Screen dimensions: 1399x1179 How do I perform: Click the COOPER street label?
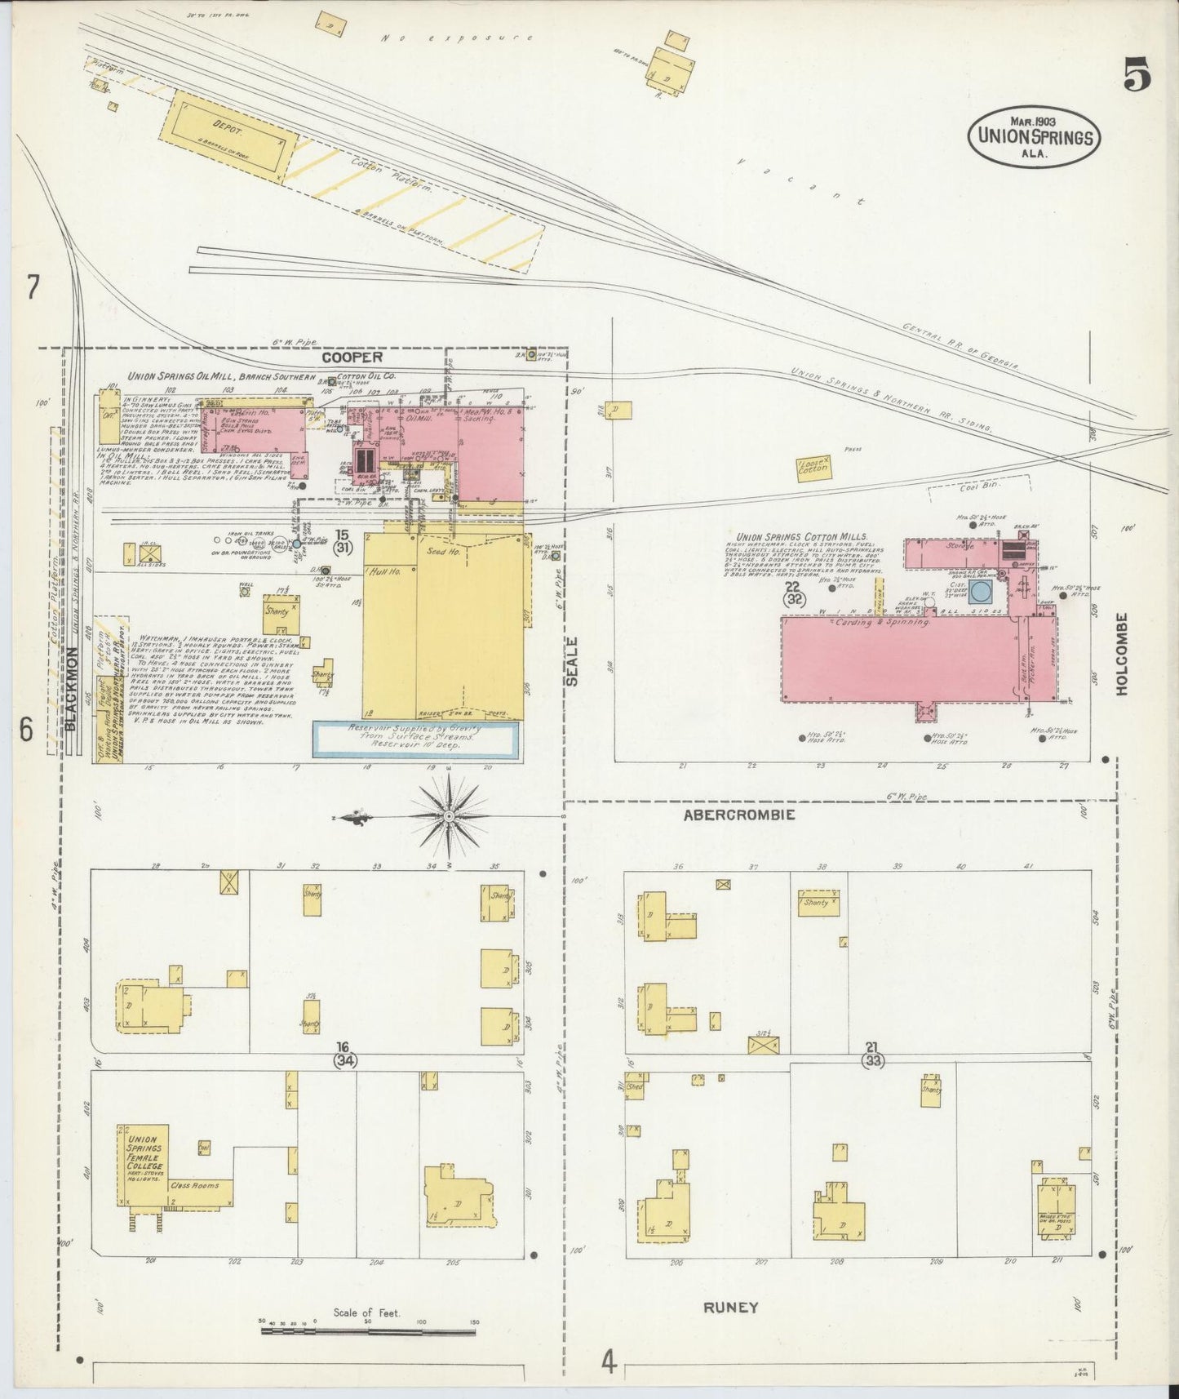tap(352, 358)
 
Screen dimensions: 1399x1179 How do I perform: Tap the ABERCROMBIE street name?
tap(738, 815)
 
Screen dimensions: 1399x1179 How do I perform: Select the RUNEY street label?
tap(731, 1307)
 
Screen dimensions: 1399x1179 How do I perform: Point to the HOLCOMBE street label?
tap(1121, 654)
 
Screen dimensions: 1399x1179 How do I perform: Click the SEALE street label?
tap(572, 661)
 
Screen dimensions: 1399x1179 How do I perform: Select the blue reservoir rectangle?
tap(416, 739)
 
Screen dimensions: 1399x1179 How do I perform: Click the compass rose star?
tap(449, 815)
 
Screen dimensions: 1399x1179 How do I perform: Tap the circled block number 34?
tap(343, 1061)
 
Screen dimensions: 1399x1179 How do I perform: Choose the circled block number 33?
tap(873, 1061)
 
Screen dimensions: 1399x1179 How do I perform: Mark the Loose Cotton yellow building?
tap(813, 469)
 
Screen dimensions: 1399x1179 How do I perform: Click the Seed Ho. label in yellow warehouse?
tap(443, 552)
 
